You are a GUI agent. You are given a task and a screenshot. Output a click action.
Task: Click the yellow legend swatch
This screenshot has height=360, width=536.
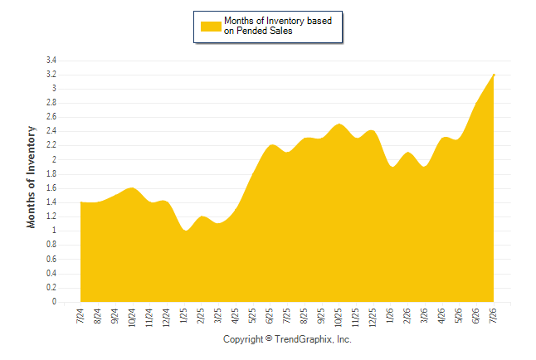(x=211, y=27)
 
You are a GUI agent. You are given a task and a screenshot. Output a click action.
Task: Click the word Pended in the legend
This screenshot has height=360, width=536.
(x=251, y=31)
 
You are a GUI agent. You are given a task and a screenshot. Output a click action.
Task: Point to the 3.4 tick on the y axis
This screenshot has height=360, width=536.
(x=51, y=61)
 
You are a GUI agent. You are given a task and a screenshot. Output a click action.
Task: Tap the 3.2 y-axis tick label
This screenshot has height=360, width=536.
(x=51, y=74)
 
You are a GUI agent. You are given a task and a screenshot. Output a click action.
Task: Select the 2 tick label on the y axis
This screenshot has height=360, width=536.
(x=54, y=159)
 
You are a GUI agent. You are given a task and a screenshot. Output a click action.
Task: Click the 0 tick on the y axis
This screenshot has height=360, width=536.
(x=54, y=302)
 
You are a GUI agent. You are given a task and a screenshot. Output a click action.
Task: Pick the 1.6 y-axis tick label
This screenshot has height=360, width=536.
(x=51, y=188)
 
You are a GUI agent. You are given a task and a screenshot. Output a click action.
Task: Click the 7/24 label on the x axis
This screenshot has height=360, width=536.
(x=80, y=316)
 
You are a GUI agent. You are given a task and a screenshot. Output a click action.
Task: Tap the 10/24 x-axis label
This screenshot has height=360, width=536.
(x=132, y=318)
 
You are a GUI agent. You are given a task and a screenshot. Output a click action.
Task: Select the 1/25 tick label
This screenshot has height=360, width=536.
(x=183, y=316)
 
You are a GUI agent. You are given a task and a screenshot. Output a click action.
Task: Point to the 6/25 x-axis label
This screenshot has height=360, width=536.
(x=270, y=316)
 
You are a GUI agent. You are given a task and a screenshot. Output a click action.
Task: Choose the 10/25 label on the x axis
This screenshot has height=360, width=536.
(x=339, y=318)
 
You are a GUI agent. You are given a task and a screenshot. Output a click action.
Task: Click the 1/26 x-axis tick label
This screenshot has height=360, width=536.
(x=390, y=316)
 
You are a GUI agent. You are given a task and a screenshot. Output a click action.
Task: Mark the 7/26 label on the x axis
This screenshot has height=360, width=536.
(x=494, y=316)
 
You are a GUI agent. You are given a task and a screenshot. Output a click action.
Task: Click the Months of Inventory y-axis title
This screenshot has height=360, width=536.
(x=31, y=177)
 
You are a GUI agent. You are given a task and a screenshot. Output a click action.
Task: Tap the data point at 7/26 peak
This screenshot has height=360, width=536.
(x=494, y=75)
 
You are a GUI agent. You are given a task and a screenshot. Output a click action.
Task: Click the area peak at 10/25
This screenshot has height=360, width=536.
(x=339, y=124)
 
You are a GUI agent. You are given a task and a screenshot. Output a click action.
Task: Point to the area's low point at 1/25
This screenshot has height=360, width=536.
(x=185, y=231)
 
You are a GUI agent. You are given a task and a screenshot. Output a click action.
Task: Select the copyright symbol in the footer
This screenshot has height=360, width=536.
(x=269, y=338)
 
